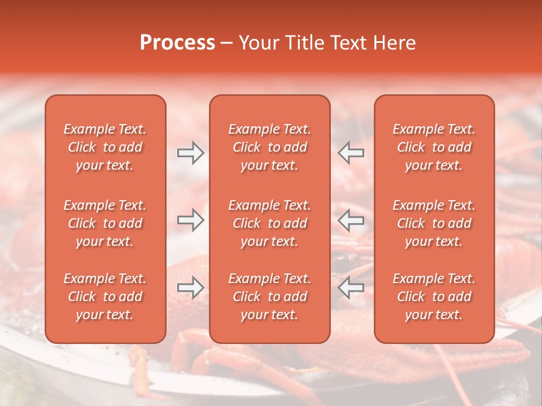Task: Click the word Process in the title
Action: coord(177,43)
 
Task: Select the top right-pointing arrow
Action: coord(191,153)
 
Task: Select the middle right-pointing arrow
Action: coord(191,220)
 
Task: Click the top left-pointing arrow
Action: coord(351,153)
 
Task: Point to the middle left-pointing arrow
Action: coord(351,220)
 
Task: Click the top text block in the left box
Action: coord(105,147)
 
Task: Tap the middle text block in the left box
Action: coord(105,223)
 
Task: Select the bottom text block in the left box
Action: coord(105,297)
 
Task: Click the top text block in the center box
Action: coord(269,147)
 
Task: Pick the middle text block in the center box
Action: coord(269,223)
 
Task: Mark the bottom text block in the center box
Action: coord(269,297)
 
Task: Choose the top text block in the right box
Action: coord(434,147)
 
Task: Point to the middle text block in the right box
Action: coord(434,223)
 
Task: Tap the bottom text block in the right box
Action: coord(434,297)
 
